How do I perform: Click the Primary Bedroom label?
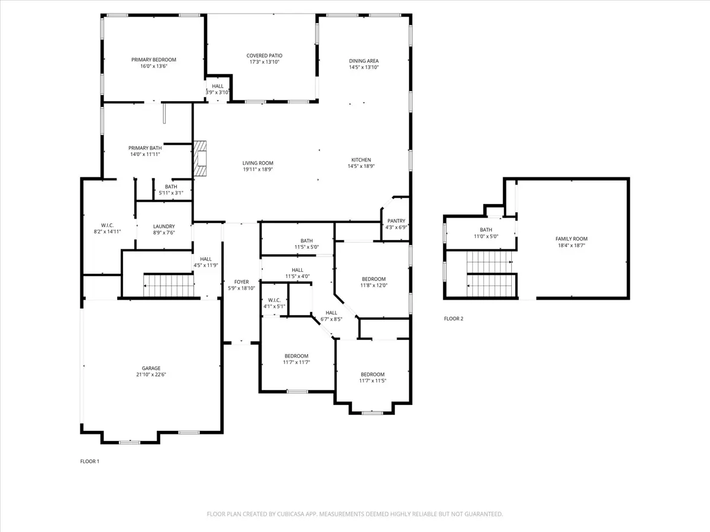tap(154, 60)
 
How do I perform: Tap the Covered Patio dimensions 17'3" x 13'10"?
tap(264, 62)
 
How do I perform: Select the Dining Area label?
tap(363, 61)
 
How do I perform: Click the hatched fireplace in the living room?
tap(200, 158)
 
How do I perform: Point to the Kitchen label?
tap(361, 160)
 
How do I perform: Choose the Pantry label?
tap(396, 221)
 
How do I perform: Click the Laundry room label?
tap(164, 226)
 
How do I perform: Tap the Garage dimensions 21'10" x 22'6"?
tap(151, 375)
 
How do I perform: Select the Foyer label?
tap(241, 282)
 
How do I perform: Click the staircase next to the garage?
tap(169, 286)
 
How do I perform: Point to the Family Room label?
tap(572, 239)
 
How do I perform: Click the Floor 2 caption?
tap(453, 319)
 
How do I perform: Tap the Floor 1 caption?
tap(89, 461)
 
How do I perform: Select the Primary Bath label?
tap(145, 148)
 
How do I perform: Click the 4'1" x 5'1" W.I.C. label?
tap(275, 300)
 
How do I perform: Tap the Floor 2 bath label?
tap(486, 230)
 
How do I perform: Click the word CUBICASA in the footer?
tap(290, 514)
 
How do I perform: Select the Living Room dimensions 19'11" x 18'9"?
tap(258, 169)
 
